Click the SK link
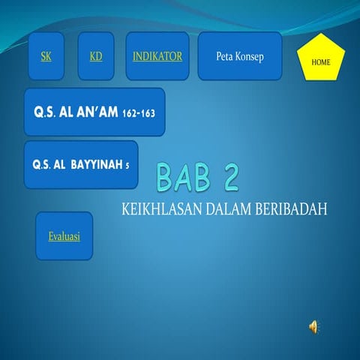click(46, 56)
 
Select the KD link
click(95, 56)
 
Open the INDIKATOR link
click(157, 56)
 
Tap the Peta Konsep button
click(239, 56)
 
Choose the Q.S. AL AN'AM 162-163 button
click(94, 112)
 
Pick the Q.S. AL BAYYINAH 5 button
click(81, 164)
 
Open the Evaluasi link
click(64, 236)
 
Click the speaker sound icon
click(313, 325)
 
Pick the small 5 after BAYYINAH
click(128, 165)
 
